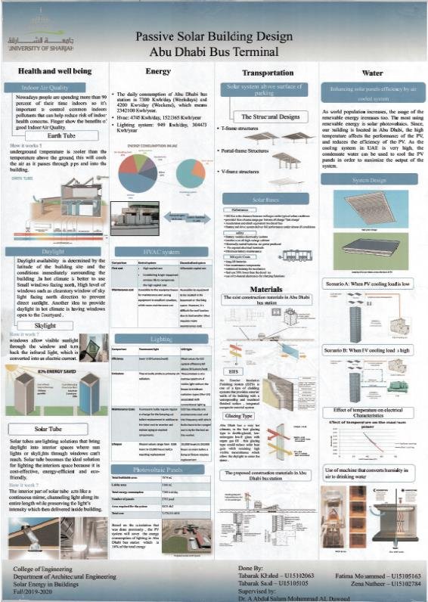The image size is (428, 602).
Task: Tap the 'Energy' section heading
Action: coord(158,71)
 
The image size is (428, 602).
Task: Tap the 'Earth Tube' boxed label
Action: coord(50,136)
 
